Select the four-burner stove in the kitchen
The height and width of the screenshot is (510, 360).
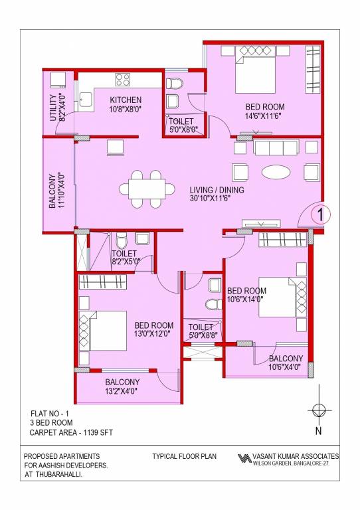[124, 80]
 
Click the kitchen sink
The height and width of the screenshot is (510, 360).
[85, 100]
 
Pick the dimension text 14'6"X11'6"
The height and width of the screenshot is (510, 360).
[265, 116]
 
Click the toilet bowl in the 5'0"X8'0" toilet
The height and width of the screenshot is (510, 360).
[174, 84]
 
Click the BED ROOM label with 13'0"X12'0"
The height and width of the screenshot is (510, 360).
[154, 325]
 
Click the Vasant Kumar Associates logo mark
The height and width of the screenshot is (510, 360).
[244, 459]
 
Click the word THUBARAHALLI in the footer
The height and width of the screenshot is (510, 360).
[58, 475]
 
